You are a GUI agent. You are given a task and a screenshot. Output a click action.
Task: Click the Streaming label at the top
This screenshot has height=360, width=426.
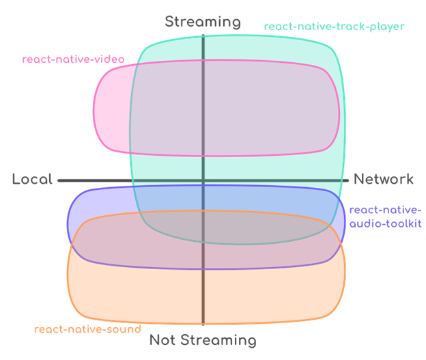pos(203,22)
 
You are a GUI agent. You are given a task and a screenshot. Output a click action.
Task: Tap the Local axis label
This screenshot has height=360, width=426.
pos(32,180)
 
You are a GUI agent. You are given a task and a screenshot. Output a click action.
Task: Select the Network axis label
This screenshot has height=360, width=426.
pos(383,180)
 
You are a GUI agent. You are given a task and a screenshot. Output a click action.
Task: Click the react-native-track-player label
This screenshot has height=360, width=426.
pos(334,27)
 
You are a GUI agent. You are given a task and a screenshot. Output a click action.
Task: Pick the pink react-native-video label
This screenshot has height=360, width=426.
pos(73,59)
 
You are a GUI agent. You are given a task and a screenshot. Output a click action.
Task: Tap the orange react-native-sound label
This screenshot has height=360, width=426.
pos(87,329)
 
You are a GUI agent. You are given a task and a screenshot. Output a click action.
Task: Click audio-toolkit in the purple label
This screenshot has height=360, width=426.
pos(386,223)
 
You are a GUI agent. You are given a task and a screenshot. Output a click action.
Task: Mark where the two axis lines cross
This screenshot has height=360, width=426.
pos(203,180)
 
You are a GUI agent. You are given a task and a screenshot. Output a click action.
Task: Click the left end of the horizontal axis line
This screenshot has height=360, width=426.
pos(59,180)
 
